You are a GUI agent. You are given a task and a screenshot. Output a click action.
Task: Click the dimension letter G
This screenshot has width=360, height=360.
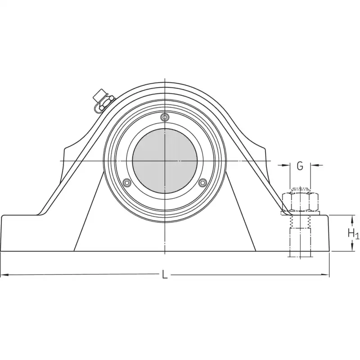point(300,166)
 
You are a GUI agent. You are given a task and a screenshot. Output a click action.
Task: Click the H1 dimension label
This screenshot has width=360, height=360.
point(353,234)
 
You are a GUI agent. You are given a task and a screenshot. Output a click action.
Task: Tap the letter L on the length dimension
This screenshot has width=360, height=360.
point(164,274)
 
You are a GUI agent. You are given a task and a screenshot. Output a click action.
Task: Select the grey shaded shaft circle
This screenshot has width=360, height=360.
point(165,161)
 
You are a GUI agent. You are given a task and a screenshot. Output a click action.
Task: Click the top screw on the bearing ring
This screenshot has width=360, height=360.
point(165,117)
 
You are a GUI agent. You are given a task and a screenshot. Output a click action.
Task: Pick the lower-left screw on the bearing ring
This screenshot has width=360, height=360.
point(127,183)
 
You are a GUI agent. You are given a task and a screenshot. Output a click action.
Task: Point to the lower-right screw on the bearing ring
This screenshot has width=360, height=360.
point(202,183)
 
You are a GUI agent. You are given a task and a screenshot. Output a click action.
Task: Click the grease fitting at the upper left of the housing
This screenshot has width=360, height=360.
point(103,102)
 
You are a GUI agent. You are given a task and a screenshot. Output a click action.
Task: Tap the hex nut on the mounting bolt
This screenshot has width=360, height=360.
point(300,202)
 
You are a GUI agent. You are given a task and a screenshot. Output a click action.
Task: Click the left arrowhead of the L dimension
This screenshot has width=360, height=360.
point(4,274)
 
